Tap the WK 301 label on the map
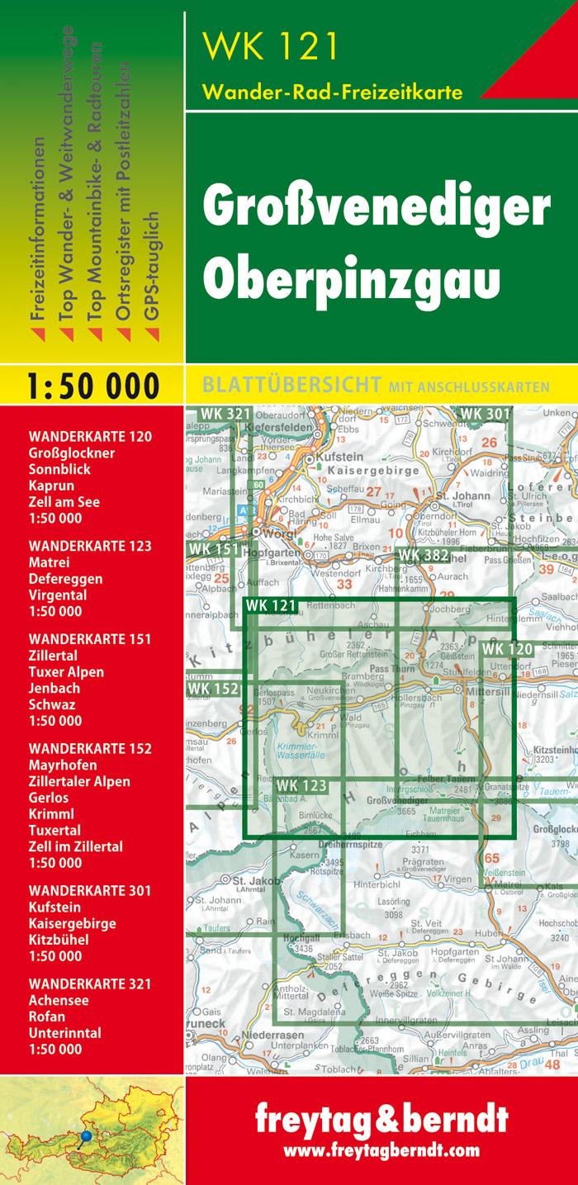(486, 414)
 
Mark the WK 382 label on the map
(423, 555)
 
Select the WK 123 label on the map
(301, 785)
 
